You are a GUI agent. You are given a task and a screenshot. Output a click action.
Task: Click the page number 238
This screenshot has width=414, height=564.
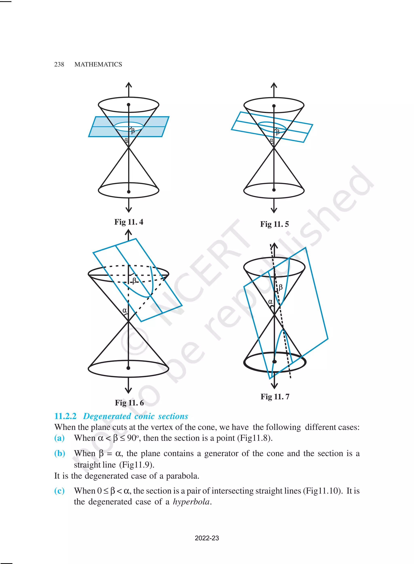59,65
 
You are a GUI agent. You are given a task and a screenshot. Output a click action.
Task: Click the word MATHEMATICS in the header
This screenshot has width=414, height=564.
98,65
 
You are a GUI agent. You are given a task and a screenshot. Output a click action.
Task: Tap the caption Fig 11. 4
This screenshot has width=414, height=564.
129,222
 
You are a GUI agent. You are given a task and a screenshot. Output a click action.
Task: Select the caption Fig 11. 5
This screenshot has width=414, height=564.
274,224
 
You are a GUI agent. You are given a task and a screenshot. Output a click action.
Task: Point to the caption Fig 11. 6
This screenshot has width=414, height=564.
129,403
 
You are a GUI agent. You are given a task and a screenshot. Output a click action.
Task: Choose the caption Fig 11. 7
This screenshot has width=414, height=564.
275,397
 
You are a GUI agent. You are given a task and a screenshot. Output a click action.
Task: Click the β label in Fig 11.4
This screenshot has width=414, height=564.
133,131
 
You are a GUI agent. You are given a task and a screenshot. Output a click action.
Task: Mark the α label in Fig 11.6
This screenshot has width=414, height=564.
125,310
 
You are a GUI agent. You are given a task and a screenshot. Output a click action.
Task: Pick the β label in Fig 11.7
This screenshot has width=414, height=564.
280,287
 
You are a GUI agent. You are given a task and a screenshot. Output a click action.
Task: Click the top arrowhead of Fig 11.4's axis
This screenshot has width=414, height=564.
129,85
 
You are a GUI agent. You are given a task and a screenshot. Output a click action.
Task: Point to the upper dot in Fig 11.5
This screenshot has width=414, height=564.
274,106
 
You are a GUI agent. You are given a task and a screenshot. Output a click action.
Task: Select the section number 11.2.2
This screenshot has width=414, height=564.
65,416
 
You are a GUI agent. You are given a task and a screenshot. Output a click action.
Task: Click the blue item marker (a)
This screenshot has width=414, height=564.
59,438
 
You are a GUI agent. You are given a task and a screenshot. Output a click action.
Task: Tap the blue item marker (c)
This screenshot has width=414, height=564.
59,491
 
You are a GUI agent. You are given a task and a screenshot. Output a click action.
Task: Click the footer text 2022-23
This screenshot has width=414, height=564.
207,538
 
